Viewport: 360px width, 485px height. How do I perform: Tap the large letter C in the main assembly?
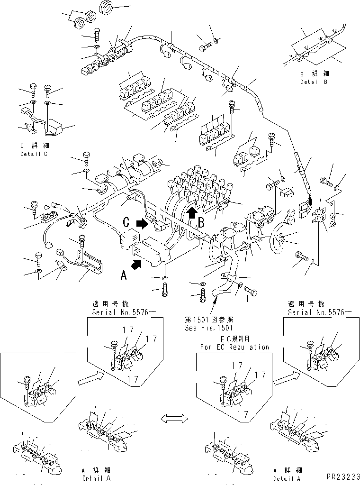click(x=126, y=221)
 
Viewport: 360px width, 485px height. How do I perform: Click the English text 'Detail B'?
click(x=314, y=82)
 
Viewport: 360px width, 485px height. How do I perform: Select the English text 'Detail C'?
click(x=34, y=154)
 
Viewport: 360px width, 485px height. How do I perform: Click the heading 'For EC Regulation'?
click(x=234, y=347)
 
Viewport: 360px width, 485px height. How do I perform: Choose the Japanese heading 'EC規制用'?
click(x=234, y=340)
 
